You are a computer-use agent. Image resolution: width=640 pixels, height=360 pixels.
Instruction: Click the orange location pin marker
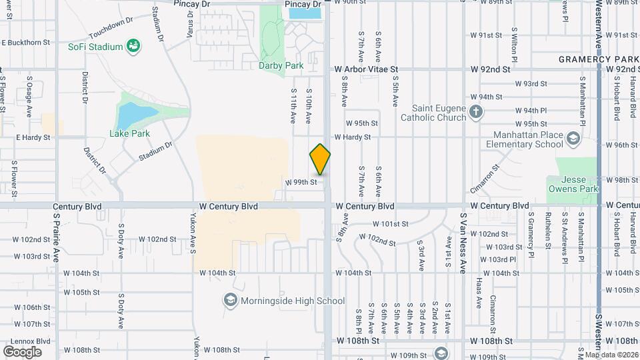pyautogui.click(x=321, y=159)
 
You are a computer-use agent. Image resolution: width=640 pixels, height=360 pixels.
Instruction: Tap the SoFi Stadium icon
pyautogui.click(x=134, y=46)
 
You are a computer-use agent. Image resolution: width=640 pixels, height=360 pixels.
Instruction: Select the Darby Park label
pyautogui.click(x=281, y=65)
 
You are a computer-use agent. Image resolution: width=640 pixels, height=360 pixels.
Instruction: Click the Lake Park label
pyautogui.click(x=129, y=133)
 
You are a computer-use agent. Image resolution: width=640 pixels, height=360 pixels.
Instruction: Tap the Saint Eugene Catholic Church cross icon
pyautogui.click(x=475, y=111)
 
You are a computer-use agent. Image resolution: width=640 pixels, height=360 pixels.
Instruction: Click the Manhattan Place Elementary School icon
pyautogui.click(x=575, y=138)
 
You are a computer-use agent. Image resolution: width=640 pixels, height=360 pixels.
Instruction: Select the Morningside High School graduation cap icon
pyautogui.click(x=231, y=300)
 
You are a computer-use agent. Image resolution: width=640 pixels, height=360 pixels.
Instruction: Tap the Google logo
pyautogui.click(x=22, y=351)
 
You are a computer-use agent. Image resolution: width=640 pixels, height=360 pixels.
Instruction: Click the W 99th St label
pyautogui.click(x=300, y=182)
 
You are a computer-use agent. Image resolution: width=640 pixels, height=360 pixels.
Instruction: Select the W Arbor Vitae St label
pyautogui.click(x=366, y=69)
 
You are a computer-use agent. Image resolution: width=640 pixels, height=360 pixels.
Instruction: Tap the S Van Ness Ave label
pyautogui.click(x=462, y=235)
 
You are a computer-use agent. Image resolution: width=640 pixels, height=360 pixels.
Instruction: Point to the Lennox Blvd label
pyautogui.click(x=27, y=340)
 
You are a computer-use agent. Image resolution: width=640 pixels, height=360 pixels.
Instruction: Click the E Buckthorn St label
pyautogui.click(x=26, y=42)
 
